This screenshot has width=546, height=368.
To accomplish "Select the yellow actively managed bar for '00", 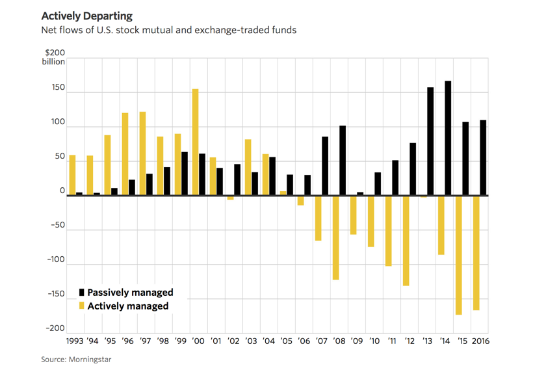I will [x=195, y=142].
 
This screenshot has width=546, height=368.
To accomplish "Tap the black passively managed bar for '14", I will [x=448, y=138].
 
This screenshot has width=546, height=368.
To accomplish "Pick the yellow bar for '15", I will [x=458, y=255].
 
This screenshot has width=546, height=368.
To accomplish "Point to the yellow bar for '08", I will [x=335, y=237].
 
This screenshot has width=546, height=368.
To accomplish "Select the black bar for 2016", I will [x=483, y=157].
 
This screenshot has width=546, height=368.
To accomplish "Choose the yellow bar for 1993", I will [x=72, y=175].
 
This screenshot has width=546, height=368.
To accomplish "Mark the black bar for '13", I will [x=430, y=141].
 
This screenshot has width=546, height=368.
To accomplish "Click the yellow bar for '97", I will [x=142, y=153].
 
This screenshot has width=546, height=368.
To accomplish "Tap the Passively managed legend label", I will [x=130, y=293].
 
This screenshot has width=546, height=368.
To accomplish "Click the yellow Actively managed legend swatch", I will [x=82, y=306].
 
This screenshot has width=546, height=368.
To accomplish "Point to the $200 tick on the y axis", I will [x=56, y=53].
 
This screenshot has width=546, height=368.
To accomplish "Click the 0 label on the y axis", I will [x=62, y=191].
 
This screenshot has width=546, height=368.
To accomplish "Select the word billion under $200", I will [x=54, y=62].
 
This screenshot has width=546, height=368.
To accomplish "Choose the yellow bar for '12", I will [x=406, y=241].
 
